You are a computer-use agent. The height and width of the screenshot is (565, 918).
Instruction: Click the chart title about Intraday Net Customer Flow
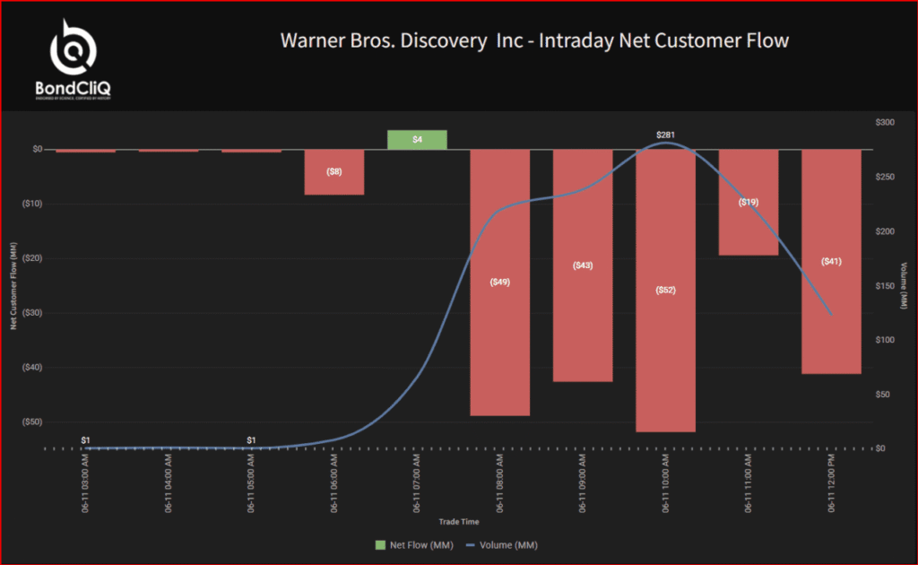click(534, 41)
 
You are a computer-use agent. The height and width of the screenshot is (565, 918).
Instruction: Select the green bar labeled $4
click(417, 139)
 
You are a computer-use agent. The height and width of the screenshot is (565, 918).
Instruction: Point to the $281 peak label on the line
click(665, 135)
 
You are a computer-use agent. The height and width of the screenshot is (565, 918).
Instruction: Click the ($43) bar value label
click(583, 265)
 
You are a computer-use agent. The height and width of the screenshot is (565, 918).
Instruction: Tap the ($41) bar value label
click(831, 261)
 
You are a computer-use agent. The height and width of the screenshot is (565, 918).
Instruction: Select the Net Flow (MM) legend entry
click(409, 544)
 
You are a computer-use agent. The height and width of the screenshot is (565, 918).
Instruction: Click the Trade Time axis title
click(459, 521)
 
